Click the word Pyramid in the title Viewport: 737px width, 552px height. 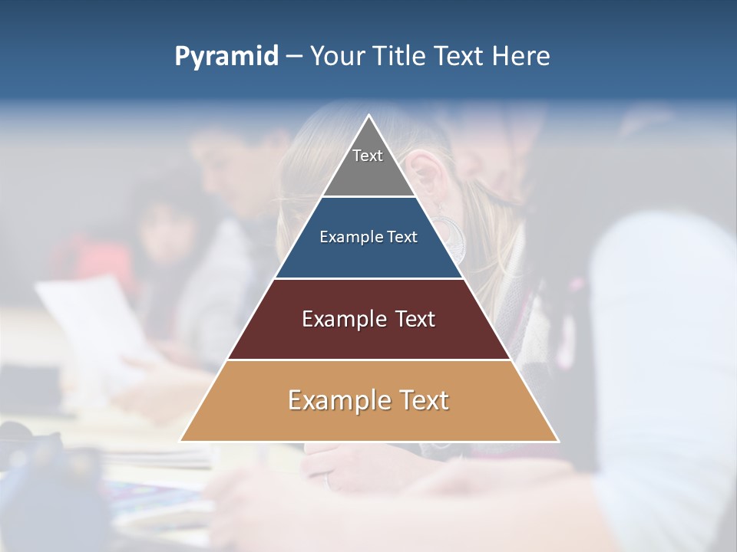pyautogui.click(x=226, y=57)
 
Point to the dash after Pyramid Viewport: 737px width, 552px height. pyautogui.click(x=294, y=58)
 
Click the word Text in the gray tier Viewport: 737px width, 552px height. pyautogui.click(x=368, y=156)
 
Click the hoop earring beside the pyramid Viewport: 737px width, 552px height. pyautogui.click(x=453, y=238)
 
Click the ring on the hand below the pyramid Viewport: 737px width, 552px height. pyautogui.click(x=329, y=482)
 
